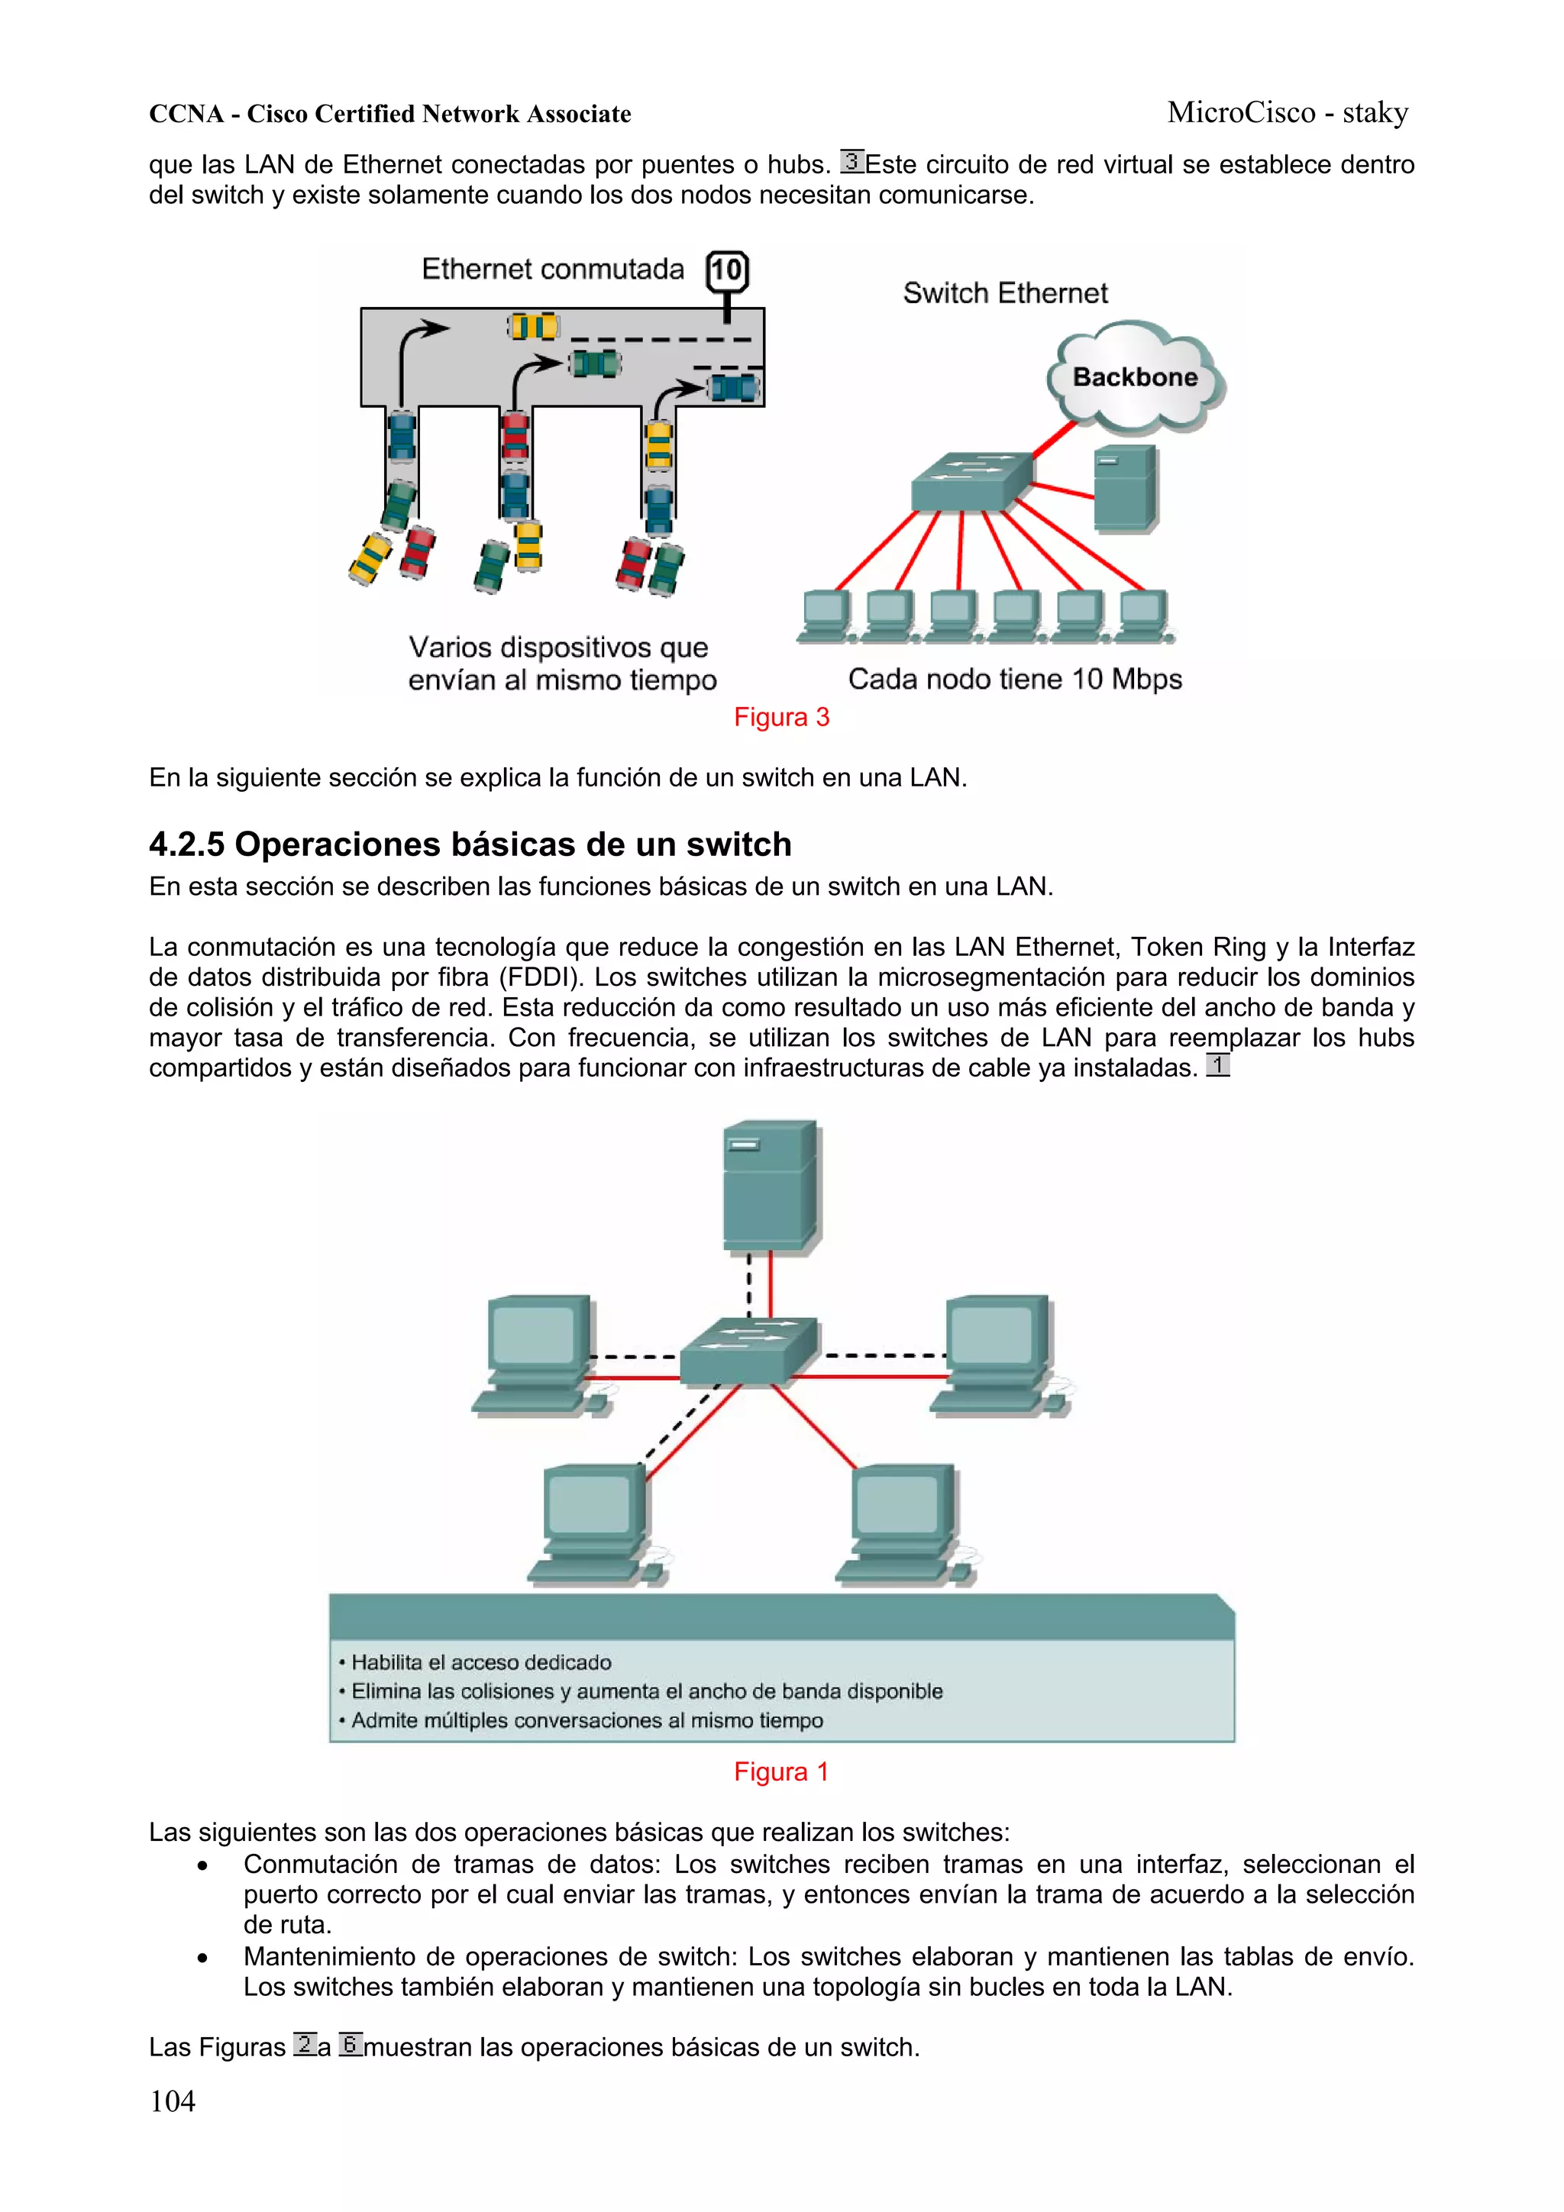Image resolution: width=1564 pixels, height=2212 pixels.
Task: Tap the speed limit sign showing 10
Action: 726,271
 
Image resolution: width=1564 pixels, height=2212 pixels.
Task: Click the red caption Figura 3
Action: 780,717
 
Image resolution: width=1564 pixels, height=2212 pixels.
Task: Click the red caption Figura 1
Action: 780,1771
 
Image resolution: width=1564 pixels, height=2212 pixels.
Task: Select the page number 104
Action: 173,2101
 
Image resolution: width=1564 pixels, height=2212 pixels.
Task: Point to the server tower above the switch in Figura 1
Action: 770,1186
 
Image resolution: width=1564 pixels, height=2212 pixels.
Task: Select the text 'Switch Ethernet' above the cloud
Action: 1004,293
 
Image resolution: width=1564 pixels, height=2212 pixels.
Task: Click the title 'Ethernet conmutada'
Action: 552,269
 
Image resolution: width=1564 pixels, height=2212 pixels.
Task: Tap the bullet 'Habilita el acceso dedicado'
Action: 480,1662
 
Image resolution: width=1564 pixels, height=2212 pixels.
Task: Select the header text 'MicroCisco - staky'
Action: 1287,113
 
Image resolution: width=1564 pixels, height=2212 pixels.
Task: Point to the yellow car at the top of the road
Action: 533,327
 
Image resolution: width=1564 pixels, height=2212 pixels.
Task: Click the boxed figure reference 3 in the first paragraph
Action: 851,161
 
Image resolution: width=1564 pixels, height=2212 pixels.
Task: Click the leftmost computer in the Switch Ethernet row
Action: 826,615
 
